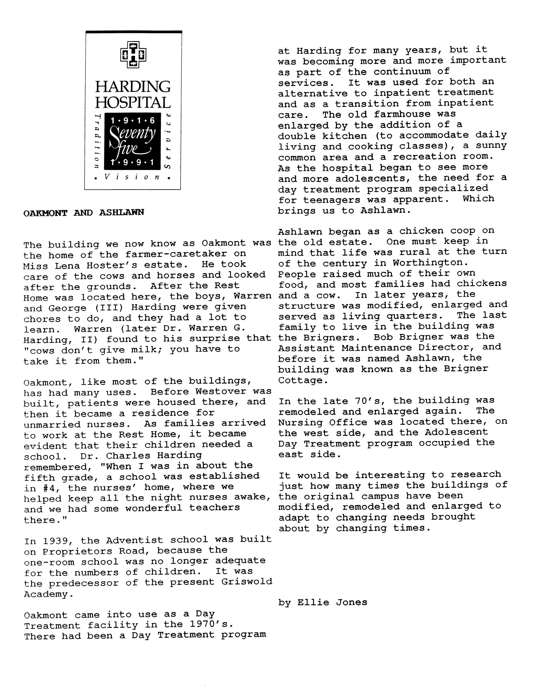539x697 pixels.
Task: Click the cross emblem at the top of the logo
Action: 133,55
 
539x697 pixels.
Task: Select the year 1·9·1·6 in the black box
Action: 133,121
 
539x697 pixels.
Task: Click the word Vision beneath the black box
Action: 132,177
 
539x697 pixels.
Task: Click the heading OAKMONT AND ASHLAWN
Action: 84,213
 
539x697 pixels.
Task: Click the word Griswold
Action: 246,581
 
